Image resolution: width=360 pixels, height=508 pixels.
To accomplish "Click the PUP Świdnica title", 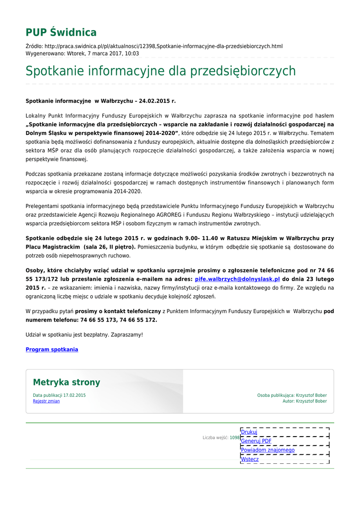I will (x=61, y=33).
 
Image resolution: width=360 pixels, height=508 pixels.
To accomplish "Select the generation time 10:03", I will (x=132, y=54).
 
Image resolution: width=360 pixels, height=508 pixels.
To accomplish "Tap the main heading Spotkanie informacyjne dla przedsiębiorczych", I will (x=160, y=71).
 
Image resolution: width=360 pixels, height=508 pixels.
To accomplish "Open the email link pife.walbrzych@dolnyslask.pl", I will (x=237, y=279).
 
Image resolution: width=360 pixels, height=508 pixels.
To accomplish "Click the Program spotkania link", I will (x=52, y=350).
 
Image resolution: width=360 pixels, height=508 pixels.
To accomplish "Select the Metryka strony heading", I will (x=67, y=382).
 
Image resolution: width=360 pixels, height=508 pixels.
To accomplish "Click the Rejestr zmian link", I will (x=46, y=401).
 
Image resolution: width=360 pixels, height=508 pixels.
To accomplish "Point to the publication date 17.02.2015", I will (x=74, y=395).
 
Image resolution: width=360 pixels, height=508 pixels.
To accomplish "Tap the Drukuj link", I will (x=249, y=432).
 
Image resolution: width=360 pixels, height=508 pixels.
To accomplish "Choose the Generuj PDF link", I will (x=256, y=441).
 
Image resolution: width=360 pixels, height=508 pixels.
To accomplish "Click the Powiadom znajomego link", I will (x=268, y=450).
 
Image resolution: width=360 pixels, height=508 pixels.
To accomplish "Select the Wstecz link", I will (x=250, y=459).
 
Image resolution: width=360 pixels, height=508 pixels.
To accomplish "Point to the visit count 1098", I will (x=234, y=438).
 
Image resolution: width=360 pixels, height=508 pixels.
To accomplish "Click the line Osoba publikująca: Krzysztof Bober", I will (x=292, y=395).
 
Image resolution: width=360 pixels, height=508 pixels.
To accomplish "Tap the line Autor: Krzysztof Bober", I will (x=304, y=401).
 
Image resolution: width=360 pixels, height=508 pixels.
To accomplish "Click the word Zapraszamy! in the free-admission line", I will (x=127, y=335).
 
